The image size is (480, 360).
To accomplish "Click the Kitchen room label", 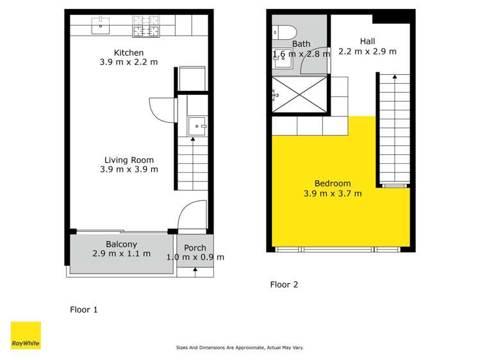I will (x=129, y=53).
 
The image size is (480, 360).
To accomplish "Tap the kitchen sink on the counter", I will (x=102, y=26).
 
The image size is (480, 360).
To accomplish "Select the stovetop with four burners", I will (x=145, y=26).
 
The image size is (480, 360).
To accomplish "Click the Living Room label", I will (x=129, y=160).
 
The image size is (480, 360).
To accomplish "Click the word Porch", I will (x=195, y=248).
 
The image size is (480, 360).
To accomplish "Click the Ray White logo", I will (x=26, y=335).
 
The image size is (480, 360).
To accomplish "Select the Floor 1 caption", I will (x=84, y=309).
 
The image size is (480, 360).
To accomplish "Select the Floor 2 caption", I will (x=284, y=284).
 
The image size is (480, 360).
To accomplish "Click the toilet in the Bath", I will (x=283, y=33).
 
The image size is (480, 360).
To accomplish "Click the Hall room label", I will (x=367, y=42).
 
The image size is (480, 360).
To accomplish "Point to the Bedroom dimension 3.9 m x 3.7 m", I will (x=333, y=193).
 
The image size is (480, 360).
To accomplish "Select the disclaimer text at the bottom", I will (x=240, y=348).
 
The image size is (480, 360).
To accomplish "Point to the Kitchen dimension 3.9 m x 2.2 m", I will (x=129, y=62).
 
